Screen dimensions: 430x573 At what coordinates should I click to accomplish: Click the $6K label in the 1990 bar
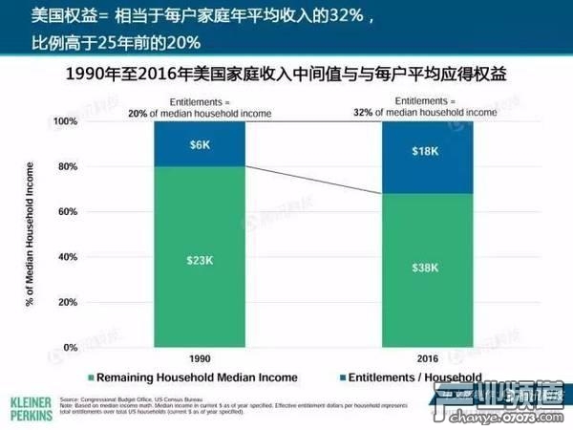[x=199, y=143]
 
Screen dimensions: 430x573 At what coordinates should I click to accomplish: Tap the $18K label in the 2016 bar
[x=426, y=151]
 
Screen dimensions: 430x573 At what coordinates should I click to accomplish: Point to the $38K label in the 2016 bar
[x=426, y=269]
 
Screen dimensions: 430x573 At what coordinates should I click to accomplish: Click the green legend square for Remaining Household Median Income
[x=92, y=377]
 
